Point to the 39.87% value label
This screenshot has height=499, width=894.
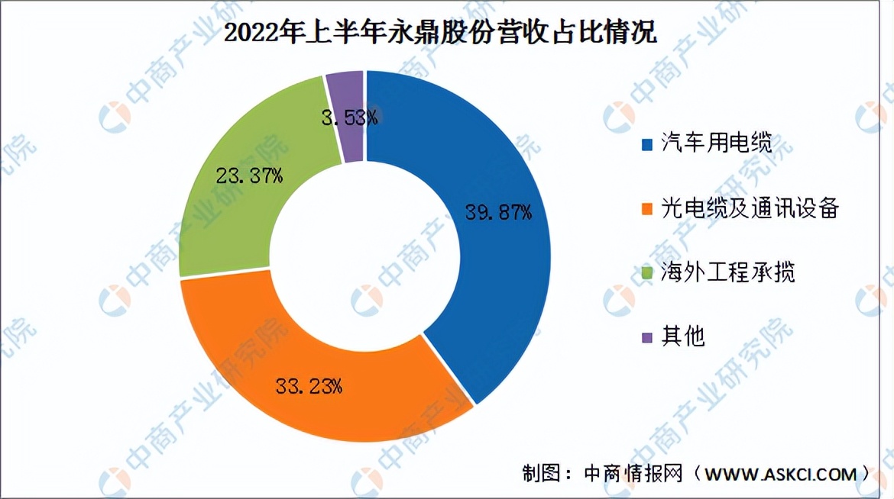498,213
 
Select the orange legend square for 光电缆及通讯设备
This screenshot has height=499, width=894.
647,208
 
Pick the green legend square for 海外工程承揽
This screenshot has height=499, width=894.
647,272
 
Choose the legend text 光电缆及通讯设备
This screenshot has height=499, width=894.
750,208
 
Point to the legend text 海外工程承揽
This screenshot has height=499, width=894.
728,272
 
